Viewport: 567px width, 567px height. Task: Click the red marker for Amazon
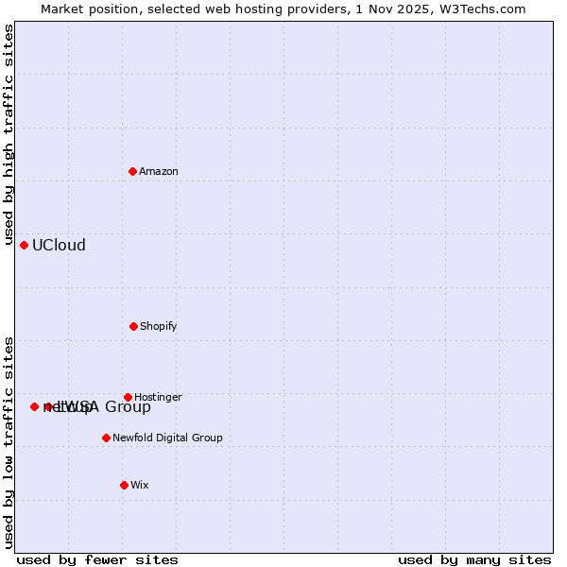[133, 171]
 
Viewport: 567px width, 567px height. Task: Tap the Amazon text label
[159, 171]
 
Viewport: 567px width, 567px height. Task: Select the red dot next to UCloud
[25, 245]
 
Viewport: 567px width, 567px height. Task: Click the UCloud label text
[59, 246]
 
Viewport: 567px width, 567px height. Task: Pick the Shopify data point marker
[133, 326]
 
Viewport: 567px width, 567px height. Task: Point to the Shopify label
[159, 326]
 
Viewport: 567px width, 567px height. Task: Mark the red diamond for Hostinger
[129, 397]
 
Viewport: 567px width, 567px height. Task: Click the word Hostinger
[158, 397]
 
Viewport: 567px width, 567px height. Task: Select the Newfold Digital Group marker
[106, 438]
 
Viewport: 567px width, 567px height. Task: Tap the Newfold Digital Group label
[167, 438]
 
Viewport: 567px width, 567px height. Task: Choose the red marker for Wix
[124, 485]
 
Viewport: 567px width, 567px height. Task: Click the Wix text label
[140, 485]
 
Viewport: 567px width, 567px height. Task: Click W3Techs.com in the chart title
[479, 9]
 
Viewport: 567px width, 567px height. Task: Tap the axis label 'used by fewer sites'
[97, 559]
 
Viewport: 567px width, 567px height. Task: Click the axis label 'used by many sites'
[474, 559]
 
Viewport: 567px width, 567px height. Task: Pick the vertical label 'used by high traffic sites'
[9, 135]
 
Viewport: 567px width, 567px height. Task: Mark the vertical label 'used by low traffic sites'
[9, 442]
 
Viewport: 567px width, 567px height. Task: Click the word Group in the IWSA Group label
[128, 407]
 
